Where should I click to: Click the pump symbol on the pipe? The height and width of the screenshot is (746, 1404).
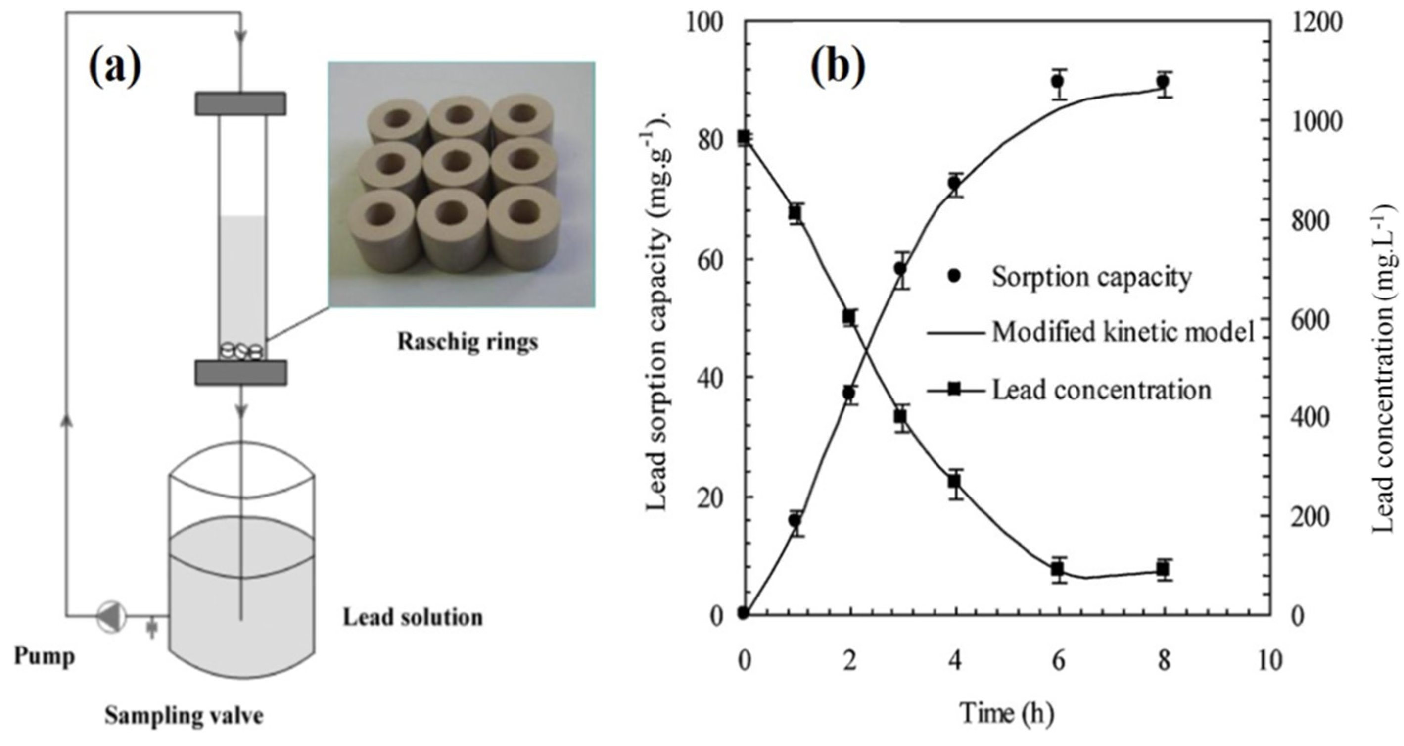click(112, 617)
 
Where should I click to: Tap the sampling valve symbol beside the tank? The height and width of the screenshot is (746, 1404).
click(152, 629)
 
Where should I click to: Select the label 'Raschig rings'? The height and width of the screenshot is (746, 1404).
click(467, 342)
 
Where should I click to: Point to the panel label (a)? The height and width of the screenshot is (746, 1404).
click(115, 68)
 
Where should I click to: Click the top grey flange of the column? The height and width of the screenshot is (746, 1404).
click(241, 103)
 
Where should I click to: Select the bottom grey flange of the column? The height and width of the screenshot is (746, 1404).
click(241, 372)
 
